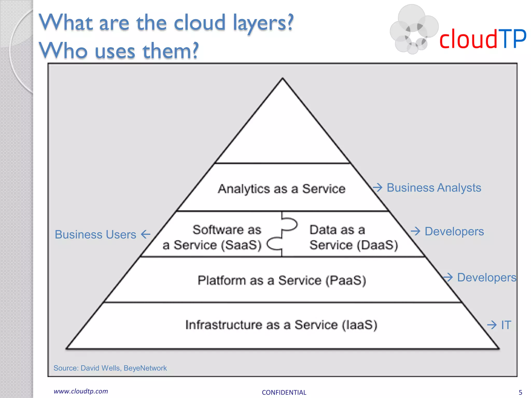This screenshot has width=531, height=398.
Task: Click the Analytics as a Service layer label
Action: (x=282, y=189)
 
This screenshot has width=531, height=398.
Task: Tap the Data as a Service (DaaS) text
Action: (x=354, y=237)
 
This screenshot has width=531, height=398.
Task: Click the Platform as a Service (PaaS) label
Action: (x=282, y=280)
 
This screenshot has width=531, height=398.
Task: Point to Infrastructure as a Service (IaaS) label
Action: (x=281, y=325)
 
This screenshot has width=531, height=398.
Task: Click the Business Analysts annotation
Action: (x=434, y=188)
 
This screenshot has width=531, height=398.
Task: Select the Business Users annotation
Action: (x=95, y=234)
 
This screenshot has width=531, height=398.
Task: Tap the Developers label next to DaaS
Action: (x=454, y=231)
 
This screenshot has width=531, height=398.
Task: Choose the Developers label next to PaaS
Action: (x=486, y=278)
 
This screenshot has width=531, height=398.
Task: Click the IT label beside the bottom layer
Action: (x=506, y=325)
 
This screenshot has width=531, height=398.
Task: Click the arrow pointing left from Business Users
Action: (x=146, y=234)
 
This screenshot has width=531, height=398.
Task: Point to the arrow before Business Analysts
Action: (x=378, y=187)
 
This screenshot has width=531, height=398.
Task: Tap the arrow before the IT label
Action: (x=492, y=325)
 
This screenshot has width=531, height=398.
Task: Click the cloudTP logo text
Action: (x=483, y=39)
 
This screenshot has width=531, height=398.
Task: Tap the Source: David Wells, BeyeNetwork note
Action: (x=110, y=368)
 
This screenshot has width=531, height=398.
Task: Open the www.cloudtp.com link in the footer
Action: (x=81, y=391)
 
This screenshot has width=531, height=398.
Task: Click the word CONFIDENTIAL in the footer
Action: (x=284, y=392)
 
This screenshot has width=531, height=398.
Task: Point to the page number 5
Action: (x=520, y=392)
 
